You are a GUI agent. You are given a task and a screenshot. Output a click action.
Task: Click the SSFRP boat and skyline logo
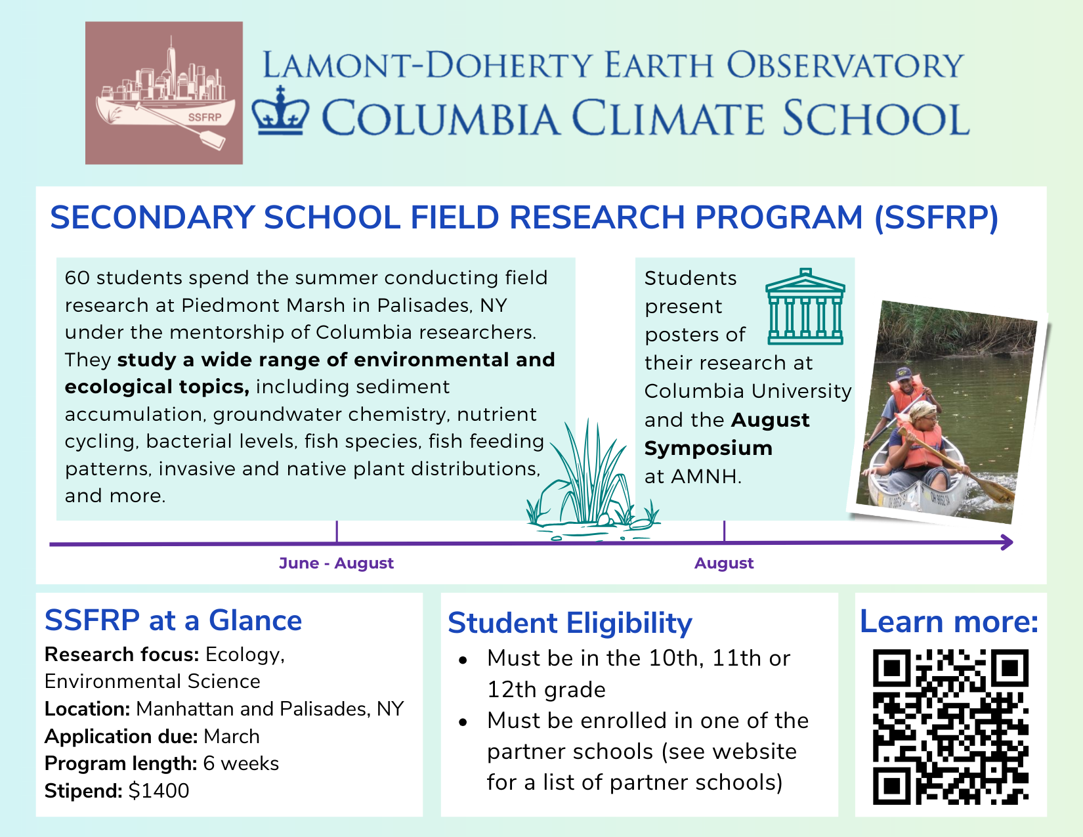pos(164,93)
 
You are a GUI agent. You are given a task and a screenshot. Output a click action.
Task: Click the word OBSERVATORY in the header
pos(845,66)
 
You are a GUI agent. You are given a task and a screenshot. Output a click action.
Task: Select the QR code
pos(950,727)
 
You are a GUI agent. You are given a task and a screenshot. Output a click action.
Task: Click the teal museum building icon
pos(805,307)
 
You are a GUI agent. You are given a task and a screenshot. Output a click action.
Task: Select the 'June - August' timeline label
pos(336,563)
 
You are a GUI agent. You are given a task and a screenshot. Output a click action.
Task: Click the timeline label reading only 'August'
pos(724,563)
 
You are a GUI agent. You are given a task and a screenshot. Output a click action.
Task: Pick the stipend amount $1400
pos(159,791)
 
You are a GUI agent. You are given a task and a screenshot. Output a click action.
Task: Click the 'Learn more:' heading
pos(949,622)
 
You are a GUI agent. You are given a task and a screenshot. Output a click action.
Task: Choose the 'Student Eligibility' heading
pos(570,623)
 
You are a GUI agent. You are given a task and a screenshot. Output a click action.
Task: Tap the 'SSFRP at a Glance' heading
pos(173,620)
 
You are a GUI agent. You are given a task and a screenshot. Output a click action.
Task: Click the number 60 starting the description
pos(77,278)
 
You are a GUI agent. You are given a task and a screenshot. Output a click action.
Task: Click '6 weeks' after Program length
pos(241,763)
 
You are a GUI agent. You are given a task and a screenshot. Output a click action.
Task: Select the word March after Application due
pos(232,737)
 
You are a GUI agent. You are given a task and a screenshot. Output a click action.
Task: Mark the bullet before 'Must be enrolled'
pos(463,722)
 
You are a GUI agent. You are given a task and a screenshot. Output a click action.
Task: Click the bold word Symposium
pos(708,448)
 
